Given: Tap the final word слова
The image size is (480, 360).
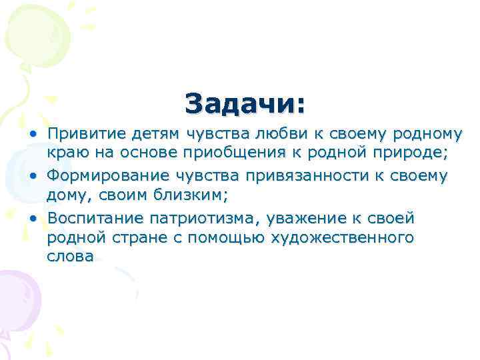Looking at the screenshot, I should (70, 258).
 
